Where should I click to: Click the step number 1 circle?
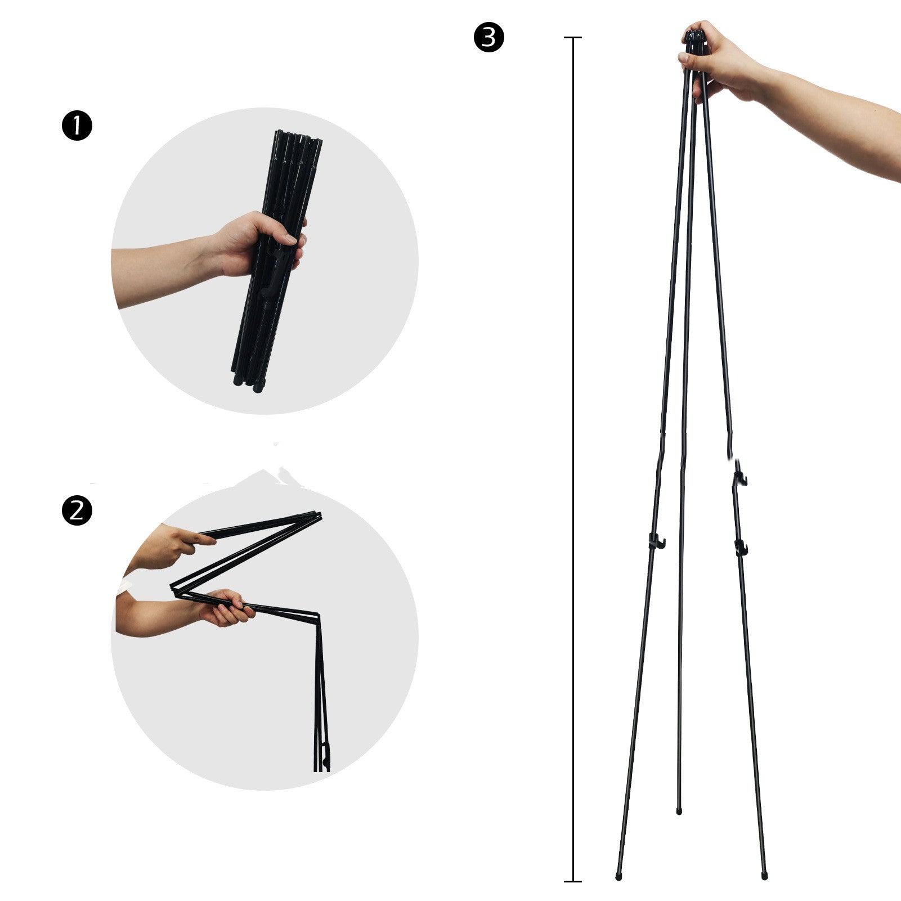click(76, 126)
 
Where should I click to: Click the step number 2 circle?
click(76, 510)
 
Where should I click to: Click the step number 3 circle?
click(488, 38)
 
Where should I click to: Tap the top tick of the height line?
click(573, 38)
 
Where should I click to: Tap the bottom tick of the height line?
click(573, 881)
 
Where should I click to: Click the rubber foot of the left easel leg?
click(618, 876)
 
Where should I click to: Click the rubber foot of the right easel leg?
click(764, 876)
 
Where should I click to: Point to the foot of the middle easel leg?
click(679, 812)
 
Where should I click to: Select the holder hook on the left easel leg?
click(656, 541)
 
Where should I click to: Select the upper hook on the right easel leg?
click(740, 478)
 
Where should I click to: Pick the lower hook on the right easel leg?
click(741, 546)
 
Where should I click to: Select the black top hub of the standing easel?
click(694, 39)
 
